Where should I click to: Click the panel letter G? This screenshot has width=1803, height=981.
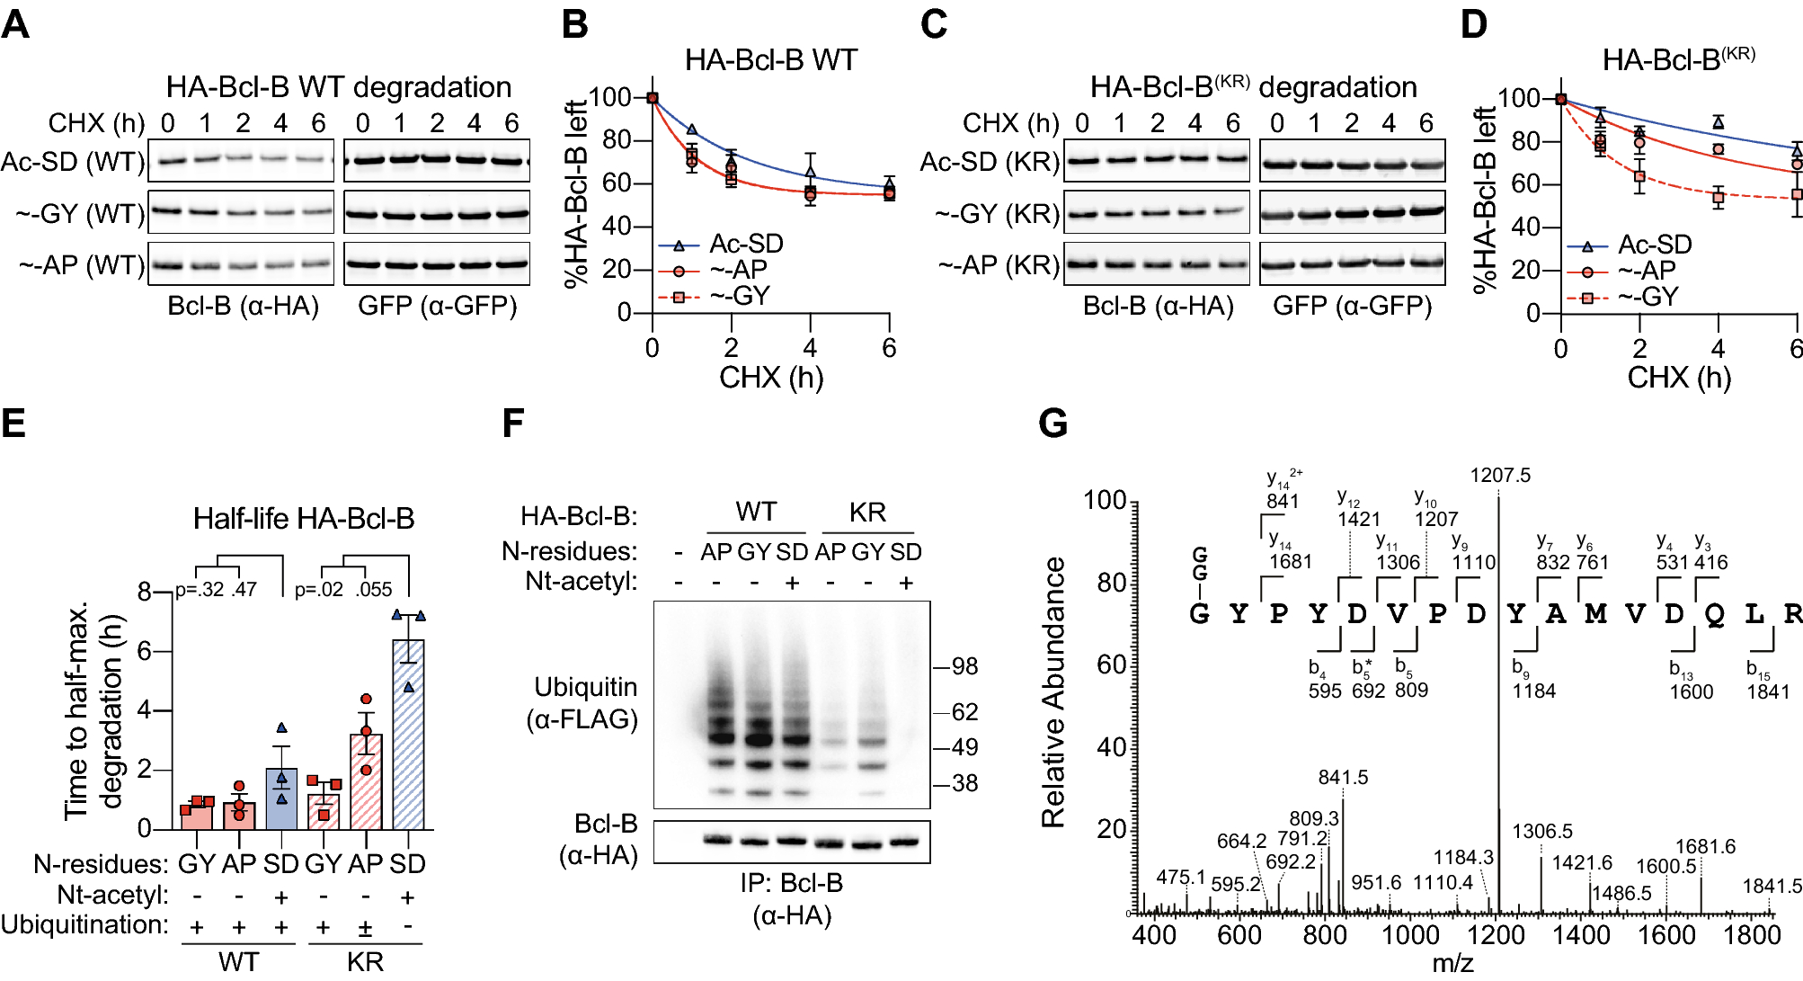(x=1052, y=424)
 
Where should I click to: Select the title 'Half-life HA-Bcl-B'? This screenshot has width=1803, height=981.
(x=304, y=519)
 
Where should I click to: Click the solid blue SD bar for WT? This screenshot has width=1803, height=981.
(x=281, y=800)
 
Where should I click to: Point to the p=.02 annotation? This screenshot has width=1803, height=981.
(x=319, y=590)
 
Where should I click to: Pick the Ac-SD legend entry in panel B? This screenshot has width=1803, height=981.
(x=745, y=244)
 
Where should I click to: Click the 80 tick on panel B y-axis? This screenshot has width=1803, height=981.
(x=616, y=140)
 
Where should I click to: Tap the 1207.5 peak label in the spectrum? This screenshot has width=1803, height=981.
(x=1500, y=475)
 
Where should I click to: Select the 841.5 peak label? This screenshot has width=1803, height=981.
(x=1343, y=777)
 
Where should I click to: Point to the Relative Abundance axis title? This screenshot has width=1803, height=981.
(x=1053, y=692)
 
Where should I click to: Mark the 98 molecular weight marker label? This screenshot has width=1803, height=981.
(x=964, y=666)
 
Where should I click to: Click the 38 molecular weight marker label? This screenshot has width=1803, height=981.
(x=964, y=783)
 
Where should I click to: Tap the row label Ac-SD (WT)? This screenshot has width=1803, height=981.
(x=72, y=162)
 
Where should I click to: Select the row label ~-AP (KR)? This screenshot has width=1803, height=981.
(x=999, y=265)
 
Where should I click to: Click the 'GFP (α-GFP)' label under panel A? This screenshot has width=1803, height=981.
(x=438, y=307)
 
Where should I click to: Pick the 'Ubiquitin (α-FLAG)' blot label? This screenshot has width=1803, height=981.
(x=585, y=703)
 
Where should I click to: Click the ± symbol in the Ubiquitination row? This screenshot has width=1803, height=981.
(x=366, y=927)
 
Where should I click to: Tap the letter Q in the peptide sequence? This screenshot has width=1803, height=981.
(x=1714, y=614)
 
